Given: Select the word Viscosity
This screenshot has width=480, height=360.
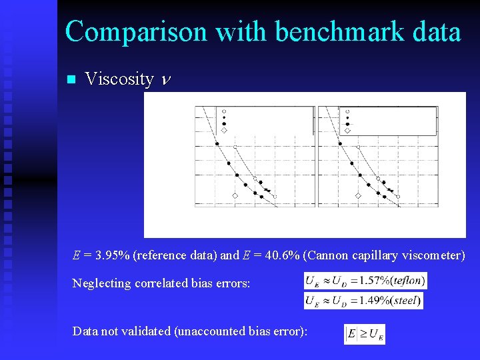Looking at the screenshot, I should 119,79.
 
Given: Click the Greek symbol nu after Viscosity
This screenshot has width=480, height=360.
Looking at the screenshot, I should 166,81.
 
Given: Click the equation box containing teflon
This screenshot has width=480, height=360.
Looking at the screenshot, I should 365,281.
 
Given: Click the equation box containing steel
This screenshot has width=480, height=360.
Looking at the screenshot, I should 363,301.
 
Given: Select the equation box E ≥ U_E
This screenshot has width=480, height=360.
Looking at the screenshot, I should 365,334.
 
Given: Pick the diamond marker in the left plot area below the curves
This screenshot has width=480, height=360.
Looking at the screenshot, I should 235,195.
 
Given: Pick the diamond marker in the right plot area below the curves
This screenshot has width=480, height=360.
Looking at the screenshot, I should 358,195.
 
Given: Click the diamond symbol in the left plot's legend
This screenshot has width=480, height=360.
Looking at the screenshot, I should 224,130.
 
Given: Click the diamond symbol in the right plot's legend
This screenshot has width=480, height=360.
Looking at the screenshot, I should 347,130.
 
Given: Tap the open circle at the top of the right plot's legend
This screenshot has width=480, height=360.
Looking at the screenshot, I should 347,111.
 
